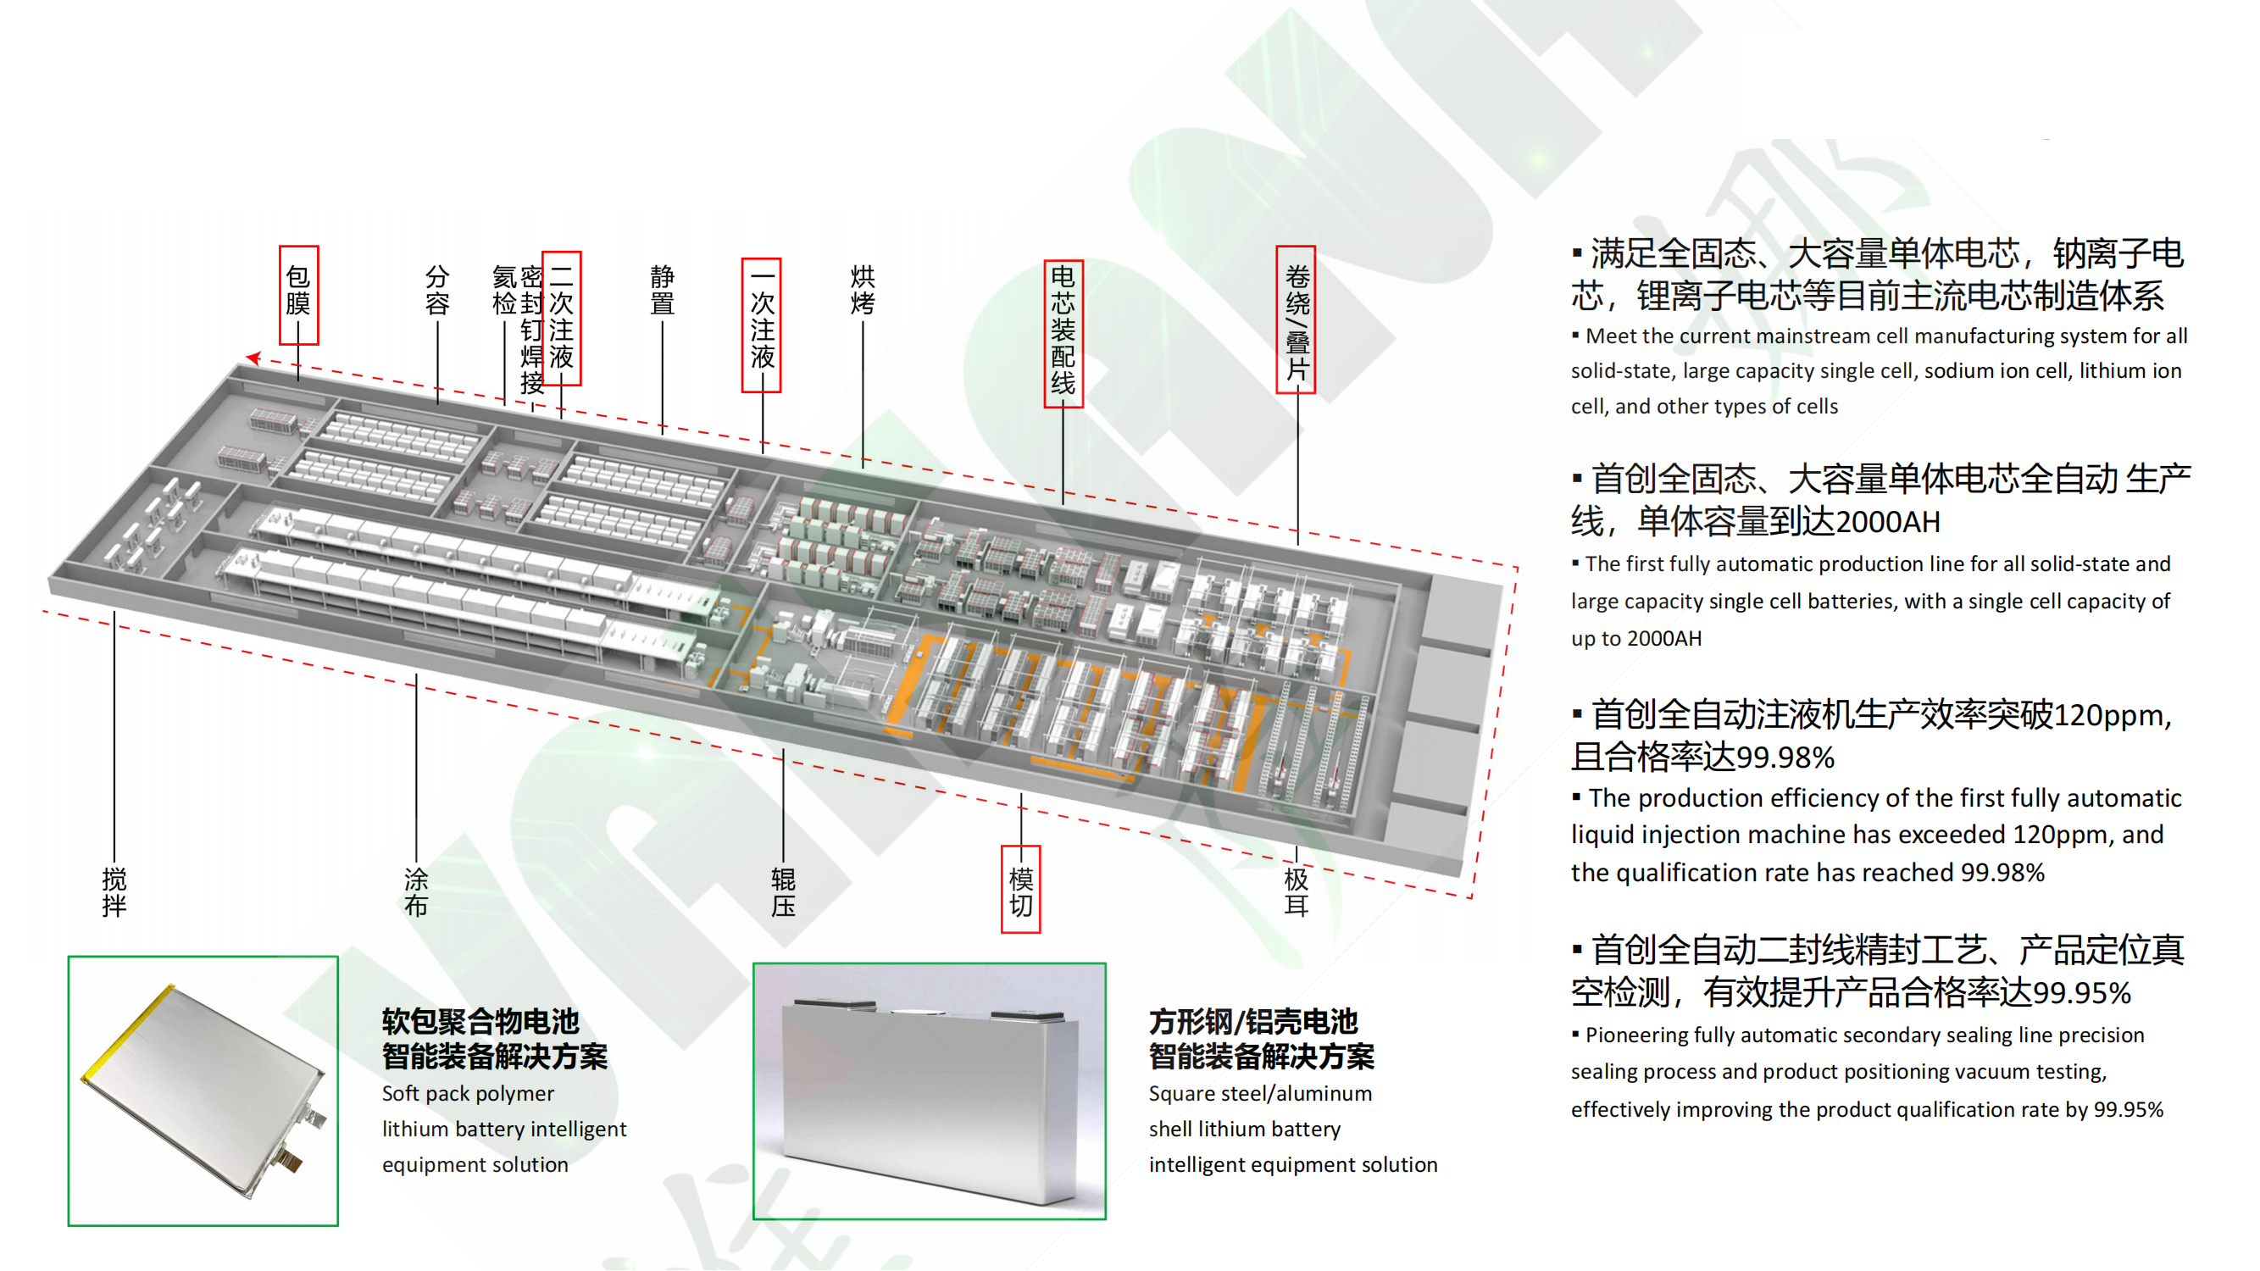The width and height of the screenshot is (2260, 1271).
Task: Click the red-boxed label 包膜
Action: pyautogui.click(x=298, y=291)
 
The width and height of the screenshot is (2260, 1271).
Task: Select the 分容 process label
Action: pyautogui.click(x=437, y=291)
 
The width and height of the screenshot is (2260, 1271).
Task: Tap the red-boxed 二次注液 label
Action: pyautogui.click(x=562, y=318)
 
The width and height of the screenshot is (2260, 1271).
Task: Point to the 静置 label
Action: pyautogui.click(x=663, y=291)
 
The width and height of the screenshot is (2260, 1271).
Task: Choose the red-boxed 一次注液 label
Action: pyautogui.click(x=762, y=325)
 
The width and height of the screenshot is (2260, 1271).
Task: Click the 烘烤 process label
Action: pyautogui.click(x=863, y=291)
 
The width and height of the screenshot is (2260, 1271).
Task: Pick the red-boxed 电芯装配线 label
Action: pyautogui.click(x=1063, y=331)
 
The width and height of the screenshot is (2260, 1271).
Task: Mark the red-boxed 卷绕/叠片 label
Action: pyautogui.click(x=1297, y=320)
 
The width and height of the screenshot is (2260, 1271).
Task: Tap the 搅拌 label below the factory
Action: pyautogui.click(x=114, y=892)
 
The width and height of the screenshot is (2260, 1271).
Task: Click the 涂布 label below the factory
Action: pyautogui.click(x=416, y=892)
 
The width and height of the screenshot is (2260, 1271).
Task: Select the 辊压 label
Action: pyautogui.click(x=783, y=892)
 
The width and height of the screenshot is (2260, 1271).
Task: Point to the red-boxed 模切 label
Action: pyautogui.click(x=1020, y=891)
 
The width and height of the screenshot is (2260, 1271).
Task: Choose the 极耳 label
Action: pyautogui.click(x=1296, y=892)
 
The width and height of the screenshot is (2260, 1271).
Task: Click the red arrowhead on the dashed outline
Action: pyautogui.click(x=253, y=357)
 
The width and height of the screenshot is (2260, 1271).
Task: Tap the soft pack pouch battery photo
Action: pyautogui.click(x=203, y=1091)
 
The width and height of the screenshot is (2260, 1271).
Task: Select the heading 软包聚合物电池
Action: pyautogui.click(x=480, y=1022)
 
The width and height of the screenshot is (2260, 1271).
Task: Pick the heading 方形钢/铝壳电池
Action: pyautogui.click(x=1252, y=1022)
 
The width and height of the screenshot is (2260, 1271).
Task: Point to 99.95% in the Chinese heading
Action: pyautogui.click(x=2081, y=994)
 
